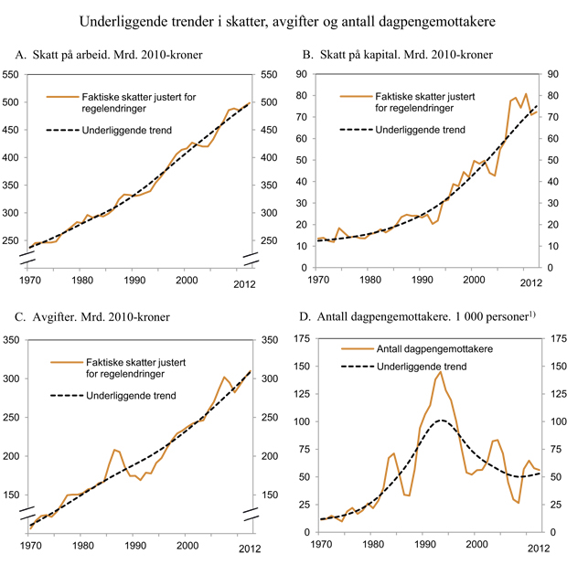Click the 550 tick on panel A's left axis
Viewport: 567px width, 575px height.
coord(16,74)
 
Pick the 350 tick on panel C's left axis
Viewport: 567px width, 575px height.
coord(16,340)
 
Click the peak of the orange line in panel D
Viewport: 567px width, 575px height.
coord(440,371)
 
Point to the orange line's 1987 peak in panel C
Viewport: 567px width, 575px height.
coord(114,449)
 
